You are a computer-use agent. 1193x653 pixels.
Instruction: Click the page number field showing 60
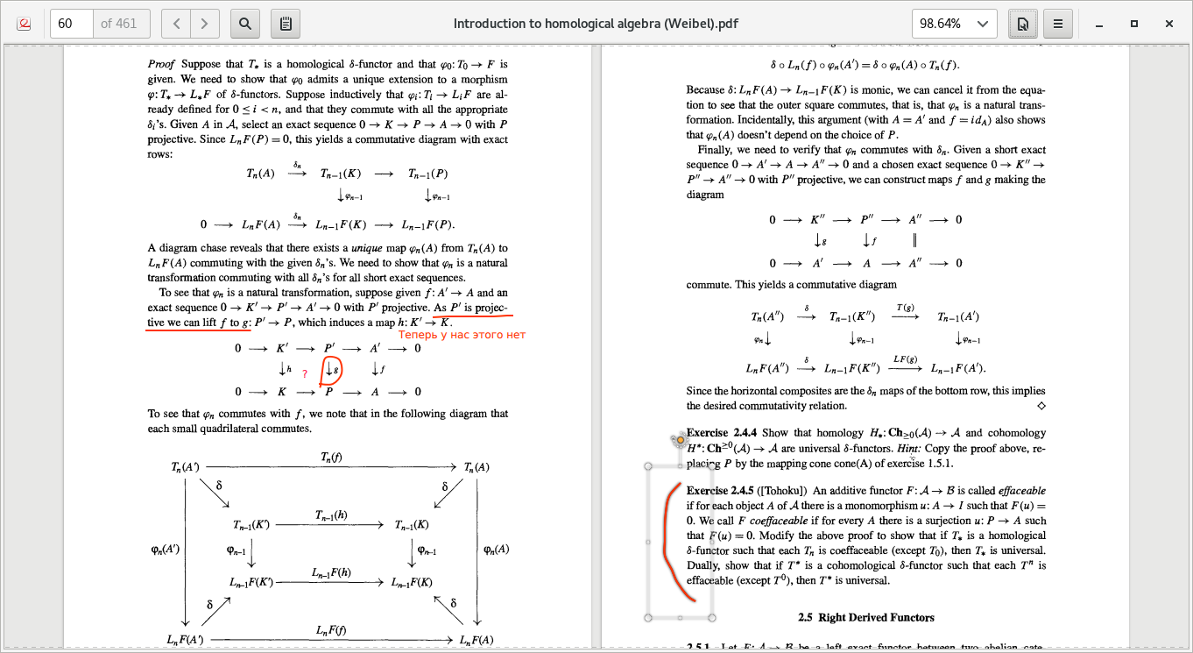pyautogui.click(x=72, y=24)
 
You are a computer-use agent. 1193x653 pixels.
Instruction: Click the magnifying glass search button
pyautogui.click(x=245, y=24)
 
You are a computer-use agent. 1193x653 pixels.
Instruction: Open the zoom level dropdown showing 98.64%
pyautogui.click(x=954, y=24)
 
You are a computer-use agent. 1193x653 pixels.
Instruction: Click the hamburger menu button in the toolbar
pyautogui.click(x=1058, y=24)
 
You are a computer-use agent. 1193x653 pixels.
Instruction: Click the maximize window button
pyautogui.click(x=1134, y=24)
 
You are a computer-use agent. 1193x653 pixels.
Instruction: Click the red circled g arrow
pyautogui.click(x=331, y=370)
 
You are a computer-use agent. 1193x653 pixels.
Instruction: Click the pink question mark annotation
pyautogui.click(x=304, y=374)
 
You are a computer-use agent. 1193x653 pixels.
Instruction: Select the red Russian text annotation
pyautogui.click(x=462, y=335)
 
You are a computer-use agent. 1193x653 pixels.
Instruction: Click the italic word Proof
pyautogui.click(x=161, y=64)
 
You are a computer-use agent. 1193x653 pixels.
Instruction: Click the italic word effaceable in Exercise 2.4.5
pyautogui.click(x=1022, y=490)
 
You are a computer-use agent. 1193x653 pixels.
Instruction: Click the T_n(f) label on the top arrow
pyautogui.click(x=332, y=457)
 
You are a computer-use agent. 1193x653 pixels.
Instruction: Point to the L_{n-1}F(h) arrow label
pyautogui.click(x=331, y=572)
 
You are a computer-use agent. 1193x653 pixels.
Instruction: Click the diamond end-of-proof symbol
pyautogui.click(x=1041, y=406)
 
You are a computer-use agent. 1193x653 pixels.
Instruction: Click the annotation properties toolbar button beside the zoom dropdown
pyautogui.click(x=1021, y=24)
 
